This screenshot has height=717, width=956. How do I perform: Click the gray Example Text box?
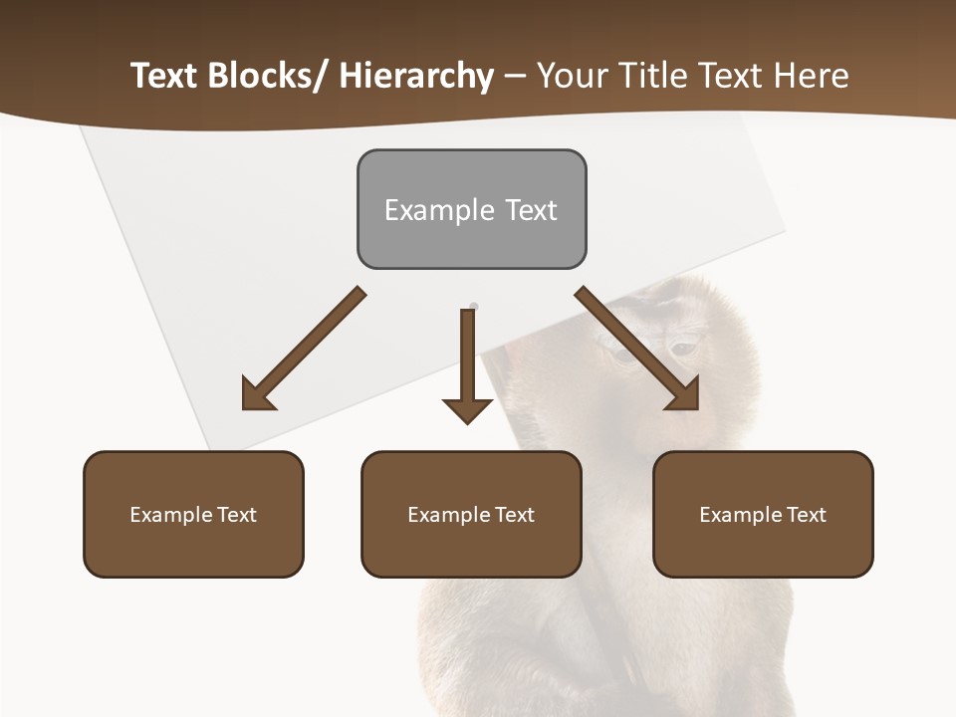tap(471, 209)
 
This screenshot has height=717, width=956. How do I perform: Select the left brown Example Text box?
tap(193, 514)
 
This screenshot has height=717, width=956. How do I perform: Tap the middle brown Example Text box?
tap(471, 514)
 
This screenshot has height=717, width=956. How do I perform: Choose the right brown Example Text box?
tap(763, 514)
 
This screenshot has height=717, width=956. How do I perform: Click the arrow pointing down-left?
tap(304, 350)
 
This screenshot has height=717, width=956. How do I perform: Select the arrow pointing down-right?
tap(637, 349)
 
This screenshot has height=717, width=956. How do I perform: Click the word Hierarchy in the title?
tap(416, 76)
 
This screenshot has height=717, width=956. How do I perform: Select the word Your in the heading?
tap(572, 76)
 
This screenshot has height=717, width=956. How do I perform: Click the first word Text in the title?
tap(164, 76)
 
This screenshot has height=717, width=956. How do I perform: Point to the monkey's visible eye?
tap(682, 349)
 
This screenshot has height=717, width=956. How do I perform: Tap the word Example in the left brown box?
tap(171, 515)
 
